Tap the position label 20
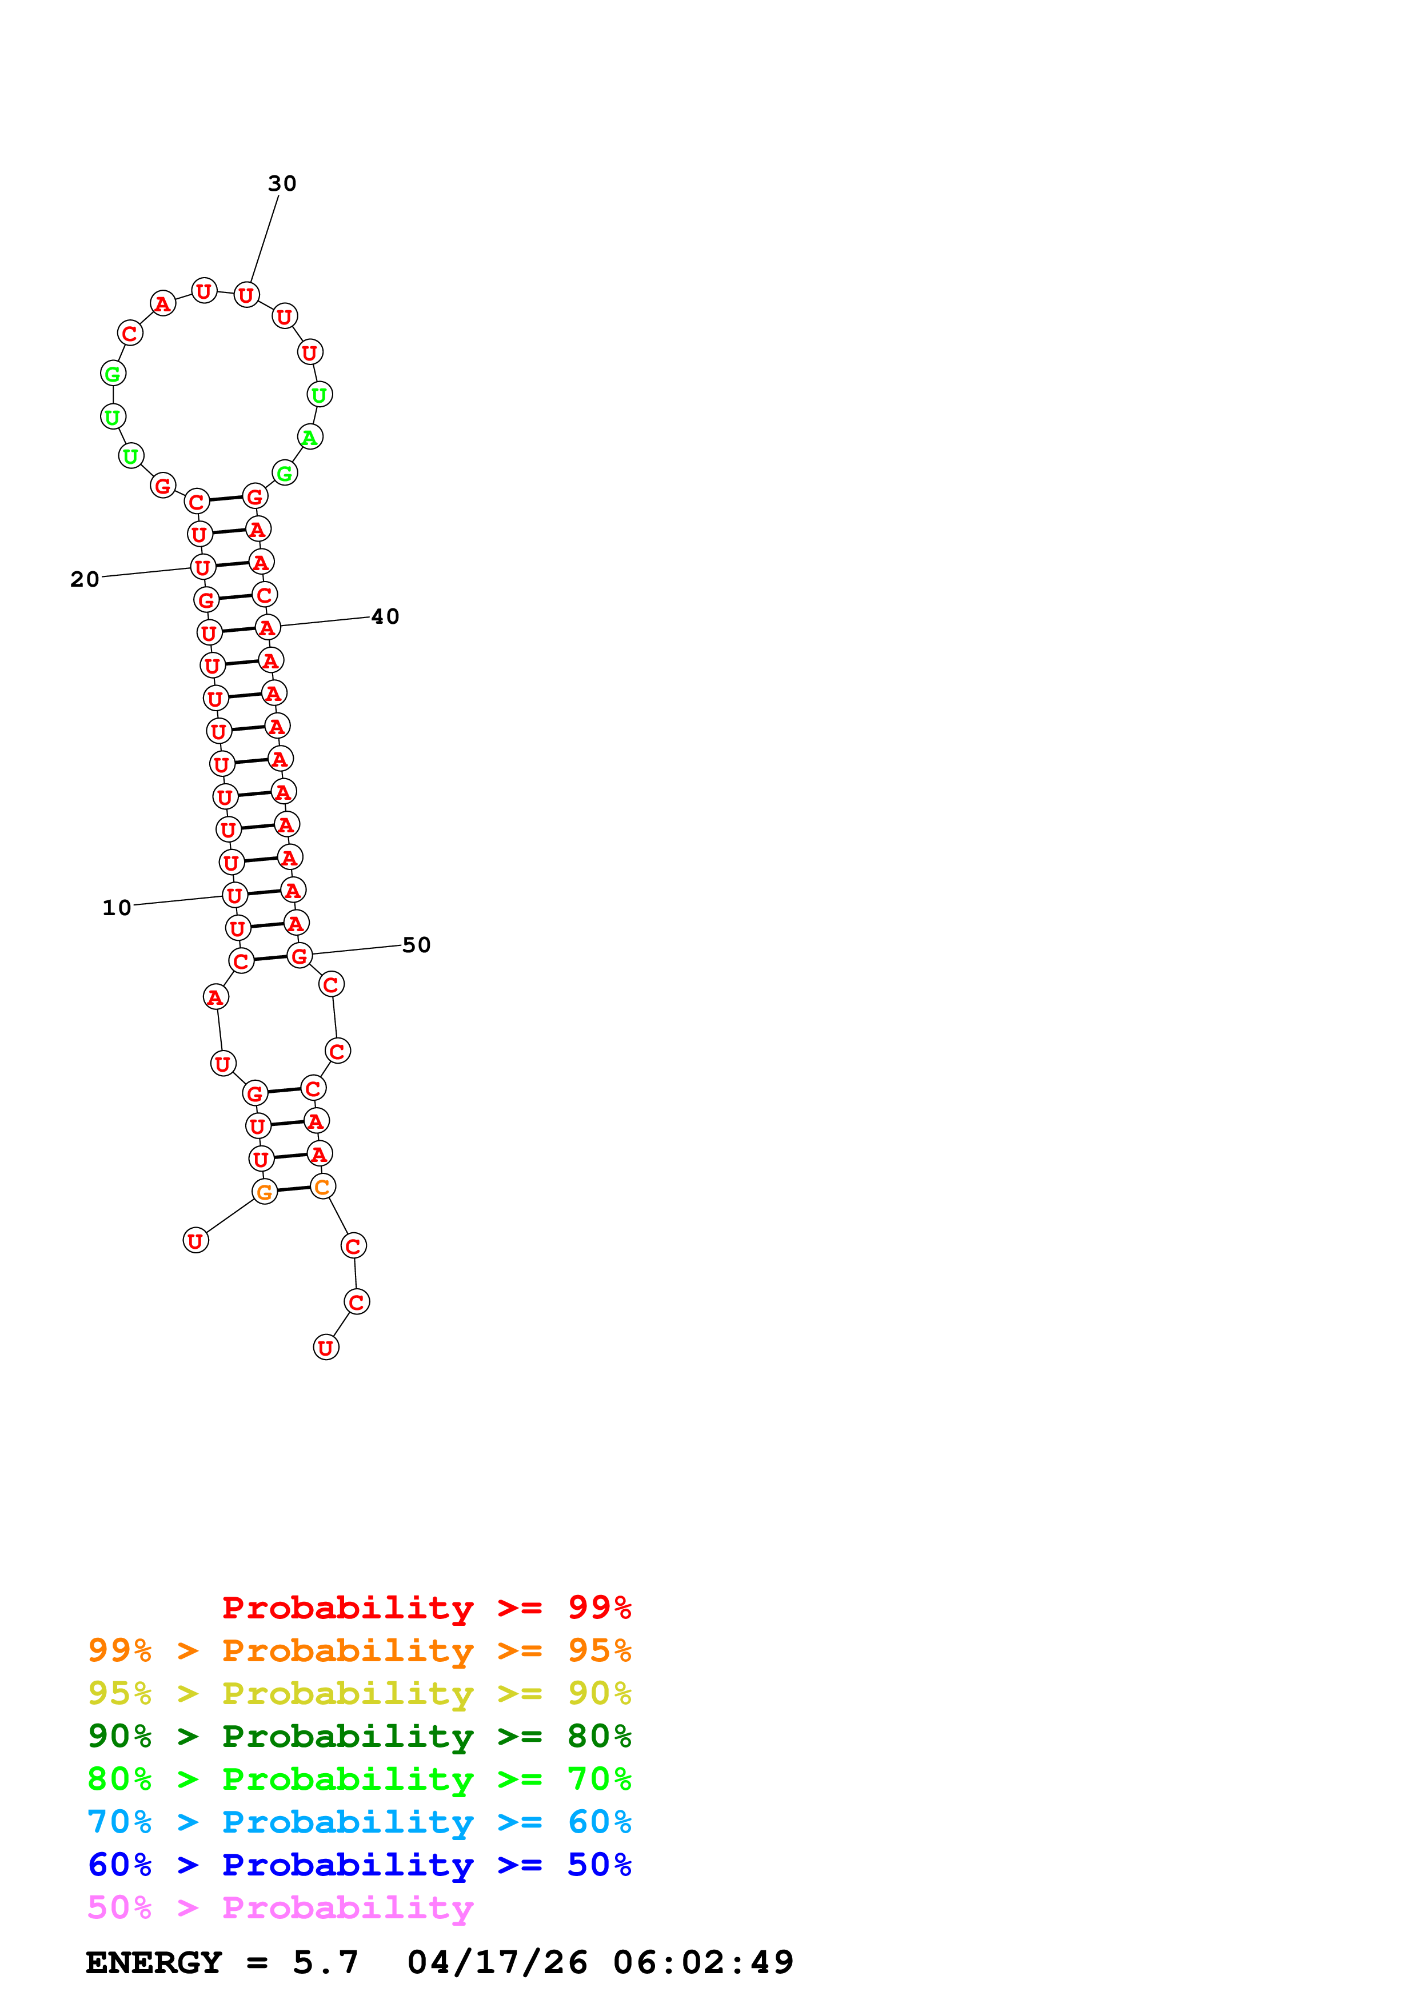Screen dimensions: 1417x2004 (85, 580)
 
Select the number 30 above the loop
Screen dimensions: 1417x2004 (282, 183)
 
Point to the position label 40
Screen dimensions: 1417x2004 (385, 617)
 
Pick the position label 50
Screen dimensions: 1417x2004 (417, 945)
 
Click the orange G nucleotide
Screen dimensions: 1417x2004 (265, 1192)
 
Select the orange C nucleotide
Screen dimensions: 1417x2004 (322, 1187)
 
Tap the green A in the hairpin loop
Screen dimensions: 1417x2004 (310, 437)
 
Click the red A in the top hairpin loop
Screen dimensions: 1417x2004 (162, 304)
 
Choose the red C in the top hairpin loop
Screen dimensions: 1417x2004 (129, 334)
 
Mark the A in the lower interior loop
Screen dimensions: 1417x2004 (215, 997)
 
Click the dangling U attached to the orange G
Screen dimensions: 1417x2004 (195, 1240)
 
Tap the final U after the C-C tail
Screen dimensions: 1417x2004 (326, 1348)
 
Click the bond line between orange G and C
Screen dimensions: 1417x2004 (293, 1189)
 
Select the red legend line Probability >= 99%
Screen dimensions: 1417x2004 (426, 1607)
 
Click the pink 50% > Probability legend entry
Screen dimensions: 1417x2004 (280, 1907)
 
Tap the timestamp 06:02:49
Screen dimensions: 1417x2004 (703, 1962)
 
